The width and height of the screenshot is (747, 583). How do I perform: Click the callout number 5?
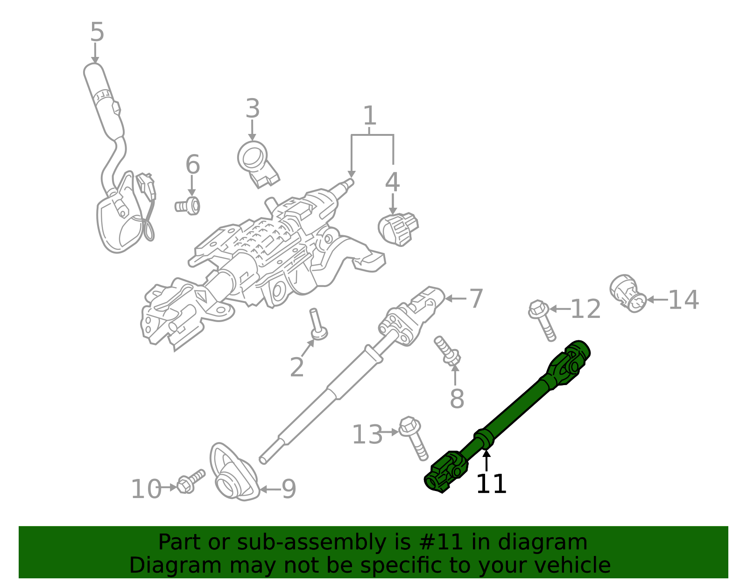(x=97, y=33)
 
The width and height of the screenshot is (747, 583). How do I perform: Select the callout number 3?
(x=253, y=109)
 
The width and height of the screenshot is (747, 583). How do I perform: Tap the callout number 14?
(x=684, y=300)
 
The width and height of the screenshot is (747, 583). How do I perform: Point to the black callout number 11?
(x=491, y=484)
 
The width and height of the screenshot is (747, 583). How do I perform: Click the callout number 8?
(x=457, y=399)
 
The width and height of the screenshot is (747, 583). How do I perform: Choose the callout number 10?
(x=146, y=490)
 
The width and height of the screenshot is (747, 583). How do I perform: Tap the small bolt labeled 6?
(x=188, y=205)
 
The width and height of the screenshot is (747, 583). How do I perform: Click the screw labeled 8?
(x=447, y=351)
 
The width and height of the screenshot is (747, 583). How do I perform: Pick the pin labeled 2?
(x=317, y=324)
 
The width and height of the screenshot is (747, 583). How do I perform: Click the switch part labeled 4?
(x=398, y=229)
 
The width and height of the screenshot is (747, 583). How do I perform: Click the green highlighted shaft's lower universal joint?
(x=446, y=472)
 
